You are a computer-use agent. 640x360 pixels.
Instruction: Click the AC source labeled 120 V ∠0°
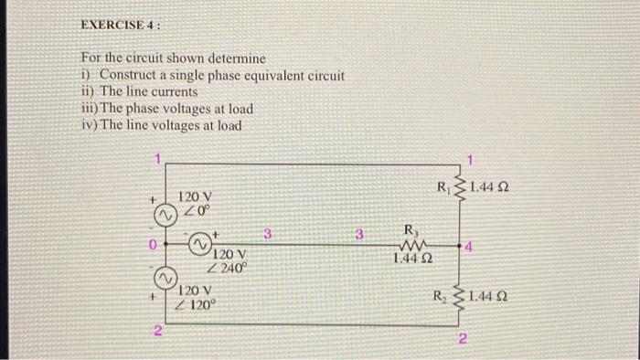point(162,216)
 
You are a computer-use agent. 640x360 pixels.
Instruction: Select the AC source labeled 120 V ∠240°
point(200,245)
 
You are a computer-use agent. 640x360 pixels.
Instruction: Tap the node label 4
point(468,247)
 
